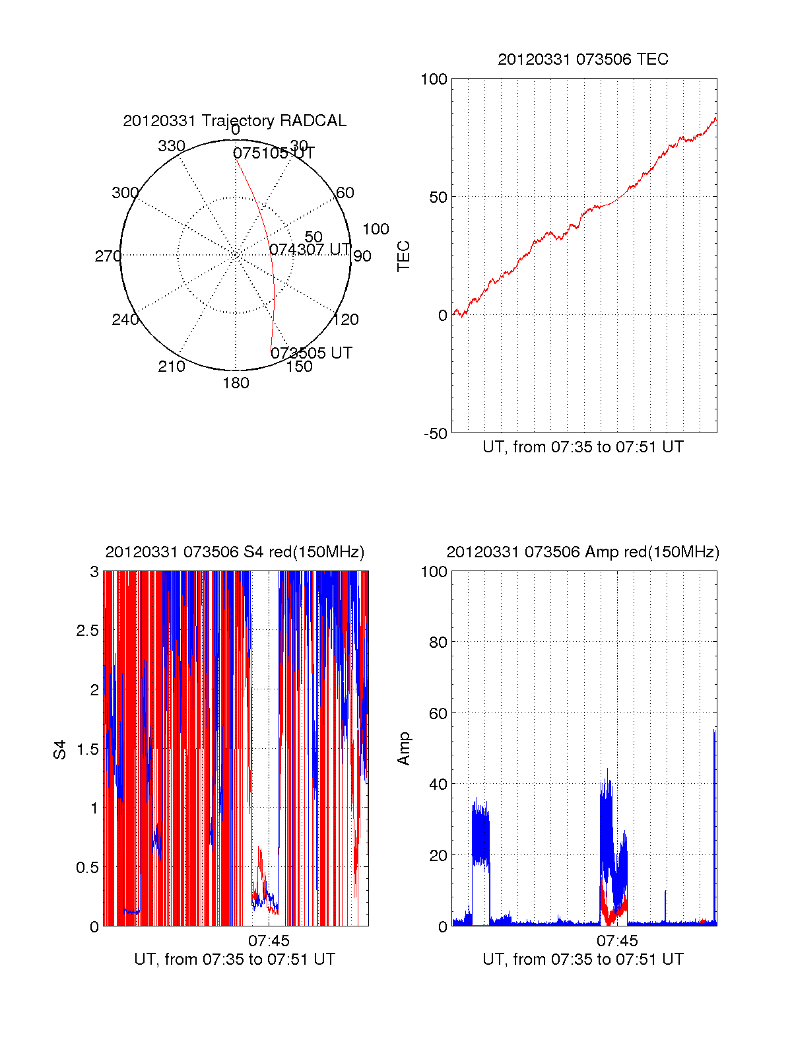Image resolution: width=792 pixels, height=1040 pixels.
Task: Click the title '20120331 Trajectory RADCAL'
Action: [x=234, y=121]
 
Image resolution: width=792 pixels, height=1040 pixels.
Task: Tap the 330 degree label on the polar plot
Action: [x=171, y=146]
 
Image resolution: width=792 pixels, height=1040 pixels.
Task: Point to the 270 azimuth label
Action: [x=108, y=256]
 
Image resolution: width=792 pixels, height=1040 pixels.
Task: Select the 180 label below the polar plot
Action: [x=236, y=383]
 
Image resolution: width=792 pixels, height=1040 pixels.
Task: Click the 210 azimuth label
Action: [x=171, y=366]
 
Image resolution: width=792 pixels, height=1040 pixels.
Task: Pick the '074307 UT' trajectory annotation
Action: [x=310, y=250]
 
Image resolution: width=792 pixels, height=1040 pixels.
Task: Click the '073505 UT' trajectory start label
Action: [x=312, y=353]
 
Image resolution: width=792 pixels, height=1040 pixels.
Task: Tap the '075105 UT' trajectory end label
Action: [x=274, y=153]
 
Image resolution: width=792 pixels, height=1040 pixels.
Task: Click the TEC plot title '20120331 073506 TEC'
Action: [x=583, y=59]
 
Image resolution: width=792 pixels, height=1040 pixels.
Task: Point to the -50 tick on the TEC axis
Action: [x=436, y=434]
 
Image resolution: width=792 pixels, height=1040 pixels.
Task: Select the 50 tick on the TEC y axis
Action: [x=438, y=197]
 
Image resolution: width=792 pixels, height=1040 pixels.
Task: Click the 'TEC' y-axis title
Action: [x=403, y=256]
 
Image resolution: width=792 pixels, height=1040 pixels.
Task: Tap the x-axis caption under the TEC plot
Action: [x=583, y=447]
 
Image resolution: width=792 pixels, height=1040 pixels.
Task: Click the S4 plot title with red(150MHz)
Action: [x=234, y=552]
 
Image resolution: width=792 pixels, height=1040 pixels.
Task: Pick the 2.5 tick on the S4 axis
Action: [x=87, y=631]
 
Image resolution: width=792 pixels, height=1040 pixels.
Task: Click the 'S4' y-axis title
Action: [x=60, y=750]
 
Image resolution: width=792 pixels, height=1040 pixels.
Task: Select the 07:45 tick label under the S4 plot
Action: [x=269, y=941]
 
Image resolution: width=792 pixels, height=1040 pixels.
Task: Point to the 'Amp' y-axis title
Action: [x=403, y=749]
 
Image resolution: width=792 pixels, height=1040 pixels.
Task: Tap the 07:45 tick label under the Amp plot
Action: [x=617, y=941]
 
